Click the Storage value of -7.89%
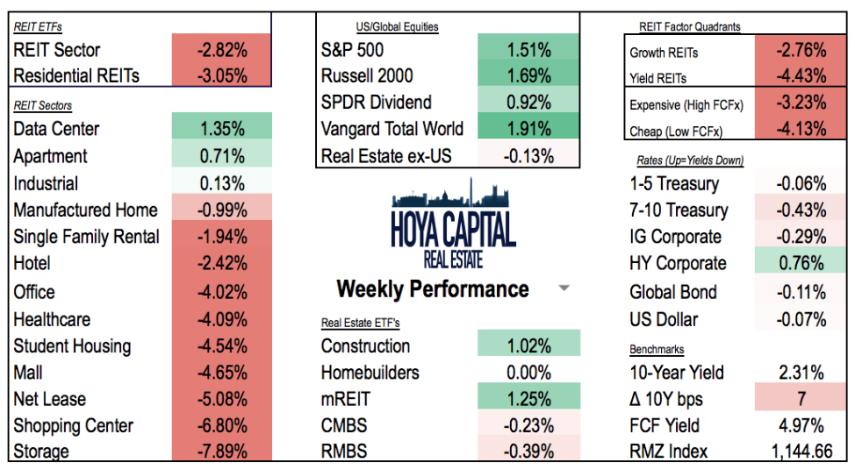[x=222, y=452]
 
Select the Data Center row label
[x=56, y=129]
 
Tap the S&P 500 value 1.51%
[x=528, y=50]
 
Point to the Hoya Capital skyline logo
[x=453, y=215]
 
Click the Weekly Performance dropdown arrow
[x=564, y=288]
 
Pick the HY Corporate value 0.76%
[x=801, y=263]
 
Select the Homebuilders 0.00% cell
[x=528, y=372]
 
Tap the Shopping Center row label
[x=74, y=426]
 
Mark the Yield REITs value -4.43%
[x=801, y=76]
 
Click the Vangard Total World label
[x=392, y=129]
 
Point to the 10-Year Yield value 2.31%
[x=801, y=372]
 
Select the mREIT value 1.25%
[x=528, y=399]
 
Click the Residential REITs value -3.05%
[x=222, y=75]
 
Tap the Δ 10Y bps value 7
[x=801, y=399]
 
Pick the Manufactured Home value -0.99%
[x=222, y=210]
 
